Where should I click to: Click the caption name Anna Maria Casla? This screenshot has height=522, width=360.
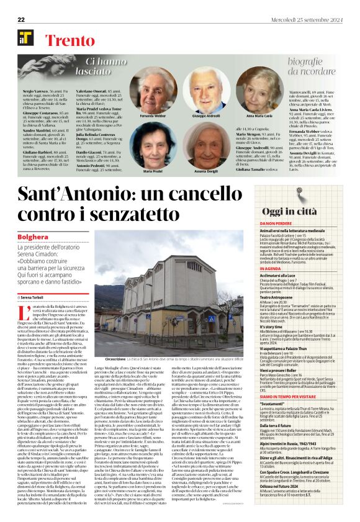coord(259,116)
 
